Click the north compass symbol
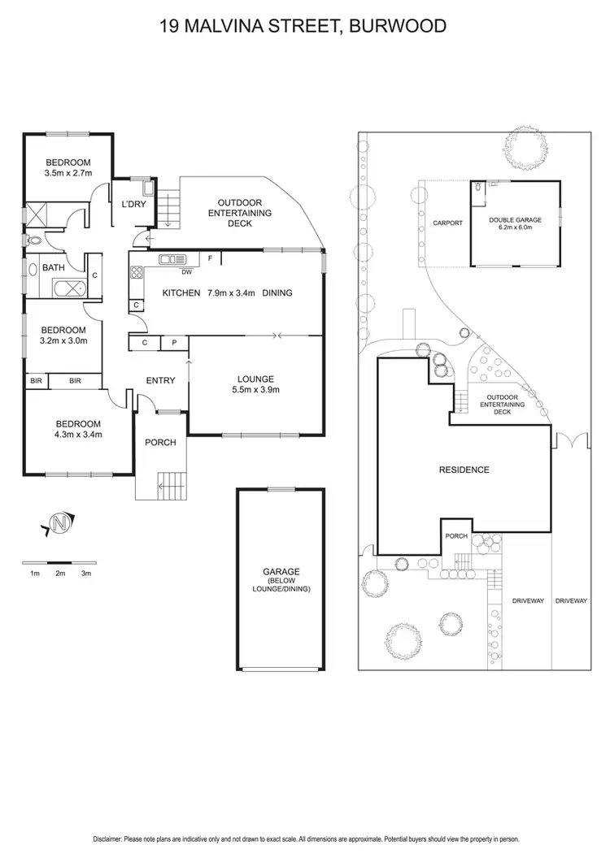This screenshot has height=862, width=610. tap(59, 525)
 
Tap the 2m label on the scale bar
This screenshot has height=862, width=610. tap(60, 574)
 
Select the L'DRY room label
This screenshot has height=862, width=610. tap(133, 204)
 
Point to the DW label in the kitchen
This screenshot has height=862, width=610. tap(186, 272)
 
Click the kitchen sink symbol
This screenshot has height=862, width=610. tap(173, 260)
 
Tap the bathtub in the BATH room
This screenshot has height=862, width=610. tap(66, 288)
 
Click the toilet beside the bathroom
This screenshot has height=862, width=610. tap(33, 240)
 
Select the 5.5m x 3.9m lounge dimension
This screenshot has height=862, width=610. tap(255, 390)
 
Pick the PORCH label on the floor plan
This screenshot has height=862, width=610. tap(160, 443)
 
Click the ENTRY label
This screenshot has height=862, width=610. tap(161, 380)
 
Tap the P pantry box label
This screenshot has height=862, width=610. tap(173, 344)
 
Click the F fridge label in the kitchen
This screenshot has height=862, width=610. tap(211, 258)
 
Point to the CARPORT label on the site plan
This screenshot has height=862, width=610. tap(447, 223)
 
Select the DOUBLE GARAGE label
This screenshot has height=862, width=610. tap(515, 219)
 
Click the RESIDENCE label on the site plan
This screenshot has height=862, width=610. tap(464, 470)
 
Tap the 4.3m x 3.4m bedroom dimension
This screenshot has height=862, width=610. tap(78, 435)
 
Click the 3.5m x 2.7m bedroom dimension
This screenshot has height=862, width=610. tap(68, 173)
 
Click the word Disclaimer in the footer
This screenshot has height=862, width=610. tap(111, 838)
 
